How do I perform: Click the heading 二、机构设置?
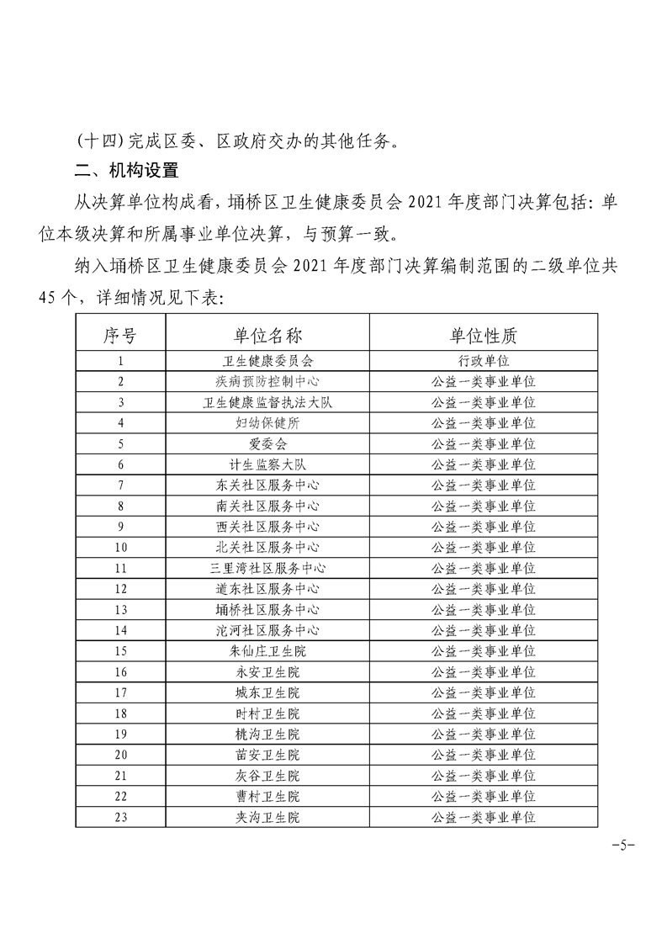(x=126, y=170)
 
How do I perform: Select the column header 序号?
(x=120, y=336)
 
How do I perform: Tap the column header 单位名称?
(x=267, y=336)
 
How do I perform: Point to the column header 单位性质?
(x=483, y=336)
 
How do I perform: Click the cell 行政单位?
(x=483, y=360)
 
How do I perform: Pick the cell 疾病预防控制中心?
(x=267, y=381)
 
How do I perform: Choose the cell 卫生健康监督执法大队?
(x=267, y=402)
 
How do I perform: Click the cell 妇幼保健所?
(x=267, y=423)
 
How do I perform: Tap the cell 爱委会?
(x=267, y=443)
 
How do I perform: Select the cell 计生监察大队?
(x=267, y=464)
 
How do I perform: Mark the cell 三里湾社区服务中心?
(x=267, y=568)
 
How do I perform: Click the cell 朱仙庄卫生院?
(x=267, y=650)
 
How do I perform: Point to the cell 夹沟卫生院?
(x=267, y=816)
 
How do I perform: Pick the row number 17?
(x=120, y=692)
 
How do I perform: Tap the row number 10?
(x=120, y=547)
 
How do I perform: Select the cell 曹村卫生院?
(x=267, y=796)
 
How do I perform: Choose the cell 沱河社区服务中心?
(x=267, y=630)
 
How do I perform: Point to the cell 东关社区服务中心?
(x=267, y=485)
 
